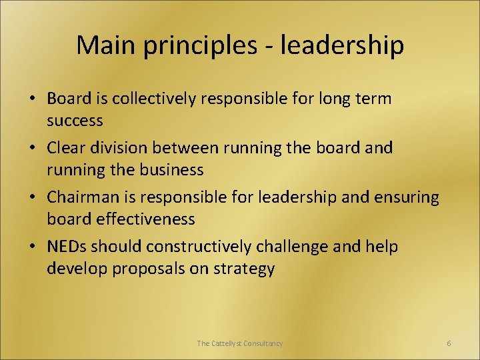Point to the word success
tap(75, 121)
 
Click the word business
tap(172, 170)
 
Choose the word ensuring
tap(403, 198)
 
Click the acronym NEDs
tap(67, 247)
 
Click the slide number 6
tap(449, 343)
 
